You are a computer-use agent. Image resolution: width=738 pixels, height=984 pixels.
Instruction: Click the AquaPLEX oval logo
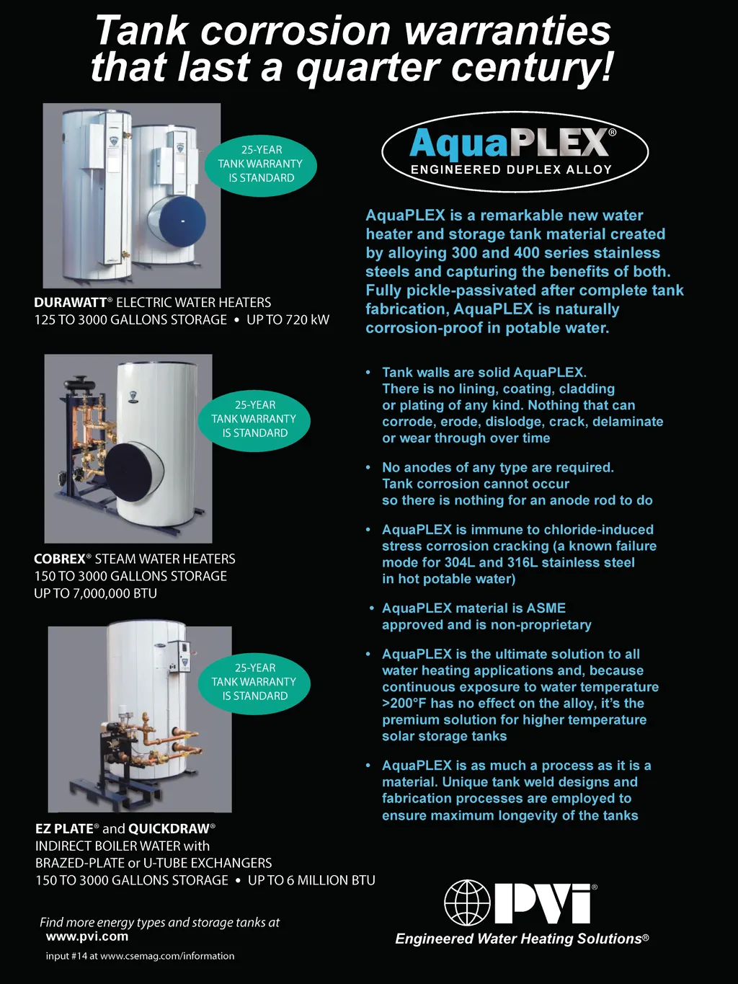tap(515, 151)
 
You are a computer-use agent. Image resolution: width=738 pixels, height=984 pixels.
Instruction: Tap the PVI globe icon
tap(467, 903)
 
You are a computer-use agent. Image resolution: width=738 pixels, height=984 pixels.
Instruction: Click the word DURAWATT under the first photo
tap(71, 303)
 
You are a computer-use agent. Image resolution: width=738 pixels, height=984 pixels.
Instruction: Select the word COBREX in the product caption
tap(60, 559)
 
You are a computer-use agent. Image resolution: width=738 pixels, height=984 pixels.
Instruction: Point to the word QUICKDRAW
tap(169, 828)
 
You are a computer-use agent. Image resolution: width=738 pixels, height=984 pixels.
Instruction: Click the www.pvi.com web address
tap(87, 936)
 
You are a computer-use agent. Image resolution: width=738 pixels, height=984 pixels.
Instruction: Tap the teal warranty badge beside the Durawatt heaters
tap(261, 164)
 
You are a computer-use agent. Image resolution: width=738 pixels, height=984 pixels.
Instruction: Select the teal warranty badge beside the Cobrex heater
tap(254, 420)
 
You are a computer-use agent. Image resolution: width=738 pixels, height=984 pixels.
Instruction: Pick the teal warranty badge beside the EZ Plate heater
tap(254, 682)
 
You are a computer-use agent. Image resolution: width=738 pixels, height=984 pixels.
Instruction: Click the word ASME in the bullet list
tap(546, 608)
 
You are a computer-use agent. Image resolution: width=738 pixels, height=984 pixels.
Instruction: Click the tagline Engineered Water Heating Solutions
tap(522, 939)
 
